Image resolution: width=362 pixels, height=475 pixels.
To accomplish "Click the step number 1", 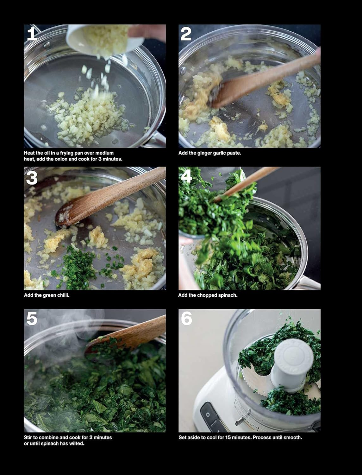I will click(x=32, y=34).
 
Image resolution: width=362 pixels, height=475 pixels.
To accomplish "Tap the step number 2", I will click(x=186, y=34).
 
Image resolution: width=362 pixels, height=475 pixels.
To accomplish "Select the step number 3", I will click(x=32, y=178).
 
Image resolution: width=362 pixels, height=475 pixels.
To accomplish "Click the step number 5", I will click(x=32, y=318).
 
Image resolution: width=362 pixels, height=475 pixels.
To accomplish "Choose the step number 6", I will click(x=186, y=318).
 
